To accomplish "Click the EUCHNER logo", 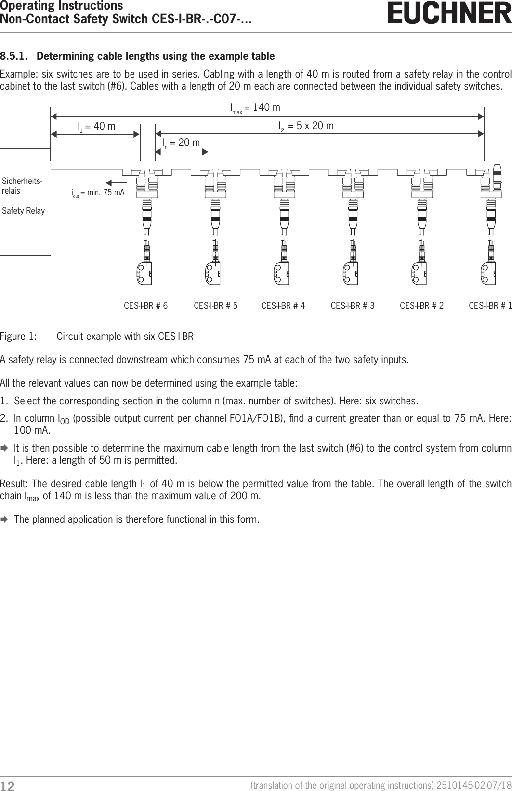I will [449, 13].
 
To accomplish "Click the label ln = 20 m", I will [181, 143].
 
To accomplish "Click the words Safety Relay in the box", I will [24, 211].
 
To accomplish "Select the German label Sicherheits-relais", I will [22, 185].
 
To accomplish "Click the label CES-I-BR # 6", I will [146, 306].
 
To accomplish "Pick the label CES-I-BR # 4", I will [283, 306].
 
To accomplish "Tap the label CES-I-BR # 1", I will [490, 306].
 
